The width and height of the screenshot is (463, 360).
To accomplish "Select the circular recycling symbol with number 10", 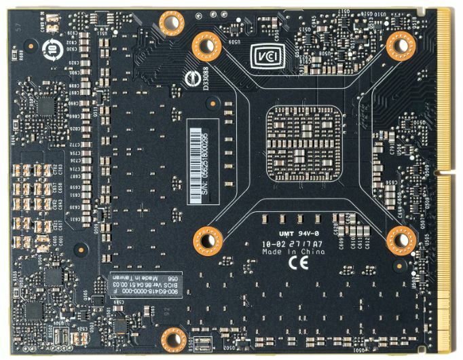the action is (x=54, y=48).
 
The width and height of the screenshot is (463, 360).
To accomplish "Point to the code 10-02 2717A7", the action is (x=293, y=242).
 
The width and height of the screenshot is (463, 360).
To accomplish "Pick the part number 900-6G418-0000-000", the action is (x=145, y=293).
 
